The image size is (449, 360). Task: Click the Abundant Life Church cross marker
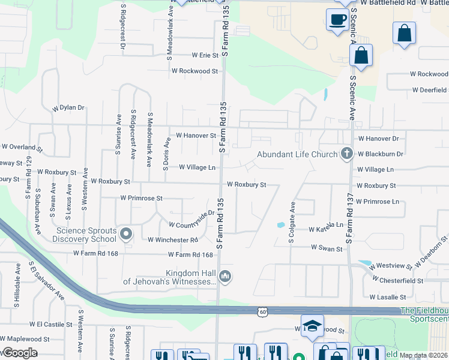tap(346, 154)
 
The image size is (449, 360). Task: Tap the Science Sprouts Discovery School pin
tap(125, 233)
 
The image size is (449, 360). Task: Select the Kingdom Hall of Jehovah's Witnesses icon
tap(225, 276)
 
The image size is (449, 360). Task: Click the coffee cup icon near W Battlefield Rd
tap(337, 20)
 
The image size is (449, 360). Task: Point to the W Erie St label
tap(201, 55)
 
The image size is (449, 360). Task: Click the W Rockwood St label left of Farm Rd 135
tap(194, 71)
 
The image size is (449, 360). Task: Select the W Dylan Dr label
tap(68, 108)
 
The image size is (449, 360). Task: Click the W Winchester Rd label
tap(173, 240)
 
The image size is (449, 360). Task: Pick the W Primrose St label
tap(142, 197)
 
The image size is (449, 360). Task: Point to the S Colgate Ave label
tap(292, 221)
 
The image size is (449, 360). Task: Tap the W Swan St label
tap(327, 248)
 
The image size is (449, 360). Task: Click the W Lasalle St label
tap(388, 297)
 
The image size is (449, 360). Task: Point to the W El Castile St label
tap(55, 324)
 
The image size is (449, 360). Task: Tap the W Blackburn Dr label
tap(380, 154)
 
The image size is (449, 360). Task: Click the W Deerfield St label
tap(429, 90)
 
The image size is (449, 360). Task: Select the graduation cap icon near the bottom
tap(312, 326)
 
